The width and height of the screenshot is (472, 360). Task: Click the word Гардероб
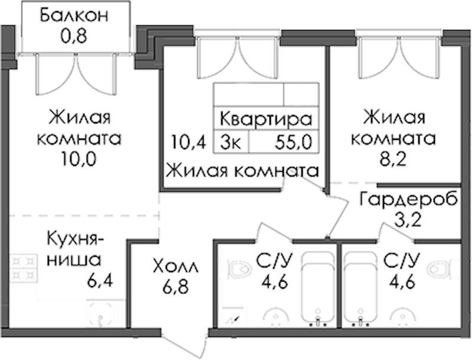tap(409, 199)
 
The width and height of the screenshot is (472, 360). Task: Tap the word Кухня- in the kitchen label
tap(75, 239)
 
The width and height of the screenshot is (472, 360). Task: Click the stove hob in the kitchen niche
tap(22, 268)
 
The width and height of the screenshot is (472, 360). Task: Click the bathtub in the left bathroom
tap(317, 288)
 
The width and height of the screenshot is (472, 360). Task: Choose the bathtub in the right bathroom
tap(359, 288)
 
